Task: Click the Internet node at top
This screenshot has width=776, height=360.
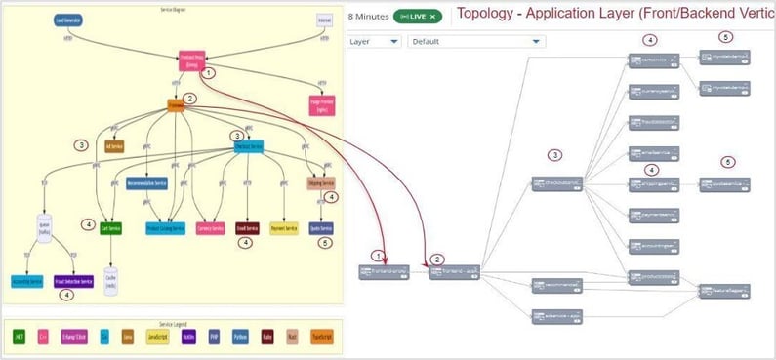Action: tap(323, 19)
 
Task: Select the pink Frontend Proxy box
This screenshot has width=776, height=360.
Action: tap(191, 60)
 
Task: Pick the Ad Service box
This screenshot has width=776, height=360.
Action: tap(114, 146)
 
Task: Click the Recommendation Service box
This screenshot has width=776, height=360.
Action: tap(147, 183)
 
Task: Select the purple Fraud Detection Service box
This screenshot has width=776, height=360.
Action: tap(73, 281)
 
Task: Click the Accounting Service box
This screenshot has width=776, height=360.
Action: tap(26, 281)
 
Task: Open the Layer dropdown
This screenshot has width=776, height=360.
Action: tap(374, 41)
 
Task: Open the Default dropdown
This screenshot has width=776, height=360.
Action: tap(475, 41)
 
